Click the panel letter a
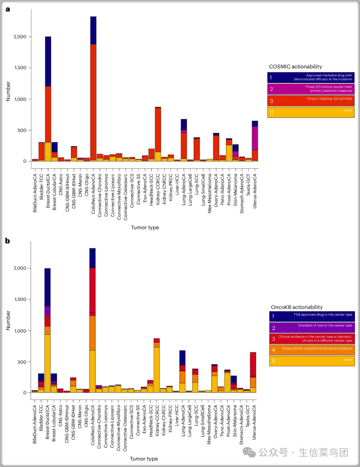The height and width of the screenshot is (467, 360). (x=8, y=9)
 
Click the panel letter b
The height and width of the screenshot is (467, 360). (x=8, y=241)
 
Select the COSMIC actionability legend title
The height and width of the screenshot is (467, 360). (x=295, y=67)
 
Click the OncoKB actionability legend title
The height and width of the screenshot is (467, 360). (x=297, y=307)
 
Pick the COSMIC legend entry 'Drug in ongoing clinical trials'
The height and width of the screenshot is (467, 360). (x=311, y=101)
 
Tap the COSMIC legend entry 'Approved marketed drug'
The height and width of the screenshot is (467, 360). (x=311, y=77)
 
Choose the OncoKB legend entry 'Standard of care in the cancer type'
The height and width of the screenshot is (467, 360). (x=312, y=327)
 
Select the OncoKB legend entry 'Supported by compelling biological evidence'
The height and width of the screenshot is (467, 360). (x=312, y=350)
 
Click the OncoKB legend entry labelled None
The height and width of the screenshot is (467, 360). (x=312, y=361)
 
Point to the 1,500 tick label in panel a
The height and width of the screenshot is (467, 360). (x=20, y=68)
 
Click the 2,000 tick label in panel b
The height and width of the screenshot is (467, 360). (x=20, y=268)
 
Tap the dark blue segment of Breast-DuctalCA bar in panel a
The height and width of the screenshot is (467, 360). (x=48, y=62)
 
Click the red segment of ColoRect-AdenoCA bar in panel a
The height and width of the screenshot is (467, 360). (x=93, y=100)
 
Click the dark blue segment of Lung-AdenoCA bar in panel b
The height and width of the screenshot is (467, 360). (x=182, y=358)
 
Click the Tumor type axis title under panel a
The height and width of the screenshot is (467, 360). (x=145, y=227)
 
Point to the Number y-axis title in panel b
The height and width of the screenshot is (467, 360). (x=8, y=321)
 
